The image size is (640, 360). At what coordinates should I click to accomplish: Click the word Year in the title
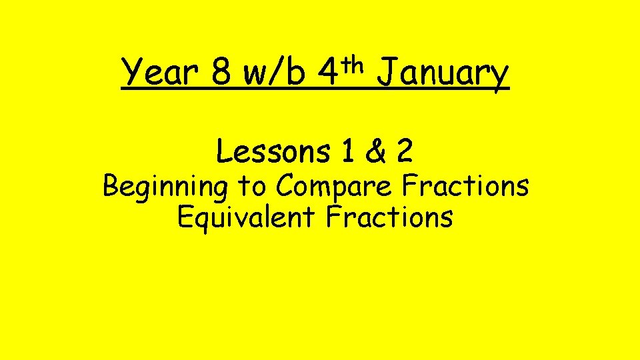point(159,74)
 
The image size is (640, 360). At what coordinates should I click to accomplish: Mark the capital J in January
point(386,73)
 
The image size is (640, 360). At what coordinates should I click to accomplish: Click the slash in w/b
point(276,73)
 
